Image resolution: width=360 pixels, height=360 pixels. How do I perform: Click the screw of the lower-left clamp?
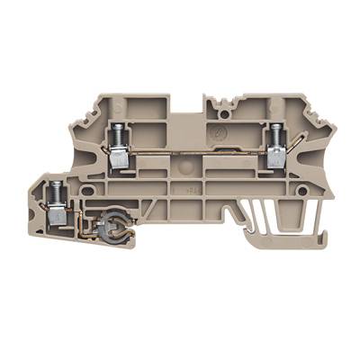point(57,191)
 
